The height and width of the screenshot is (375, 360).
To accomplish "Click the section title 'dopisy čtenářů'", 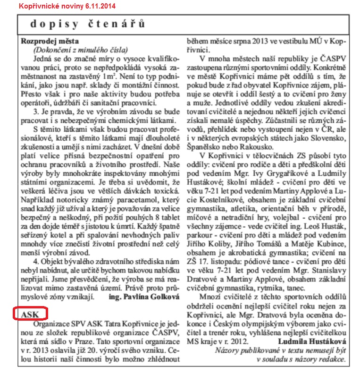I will pyautogui.click(x=88, y=24).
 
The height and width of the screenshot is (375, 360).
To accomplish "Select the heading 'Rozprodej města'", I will pyautogui.click(x=50, y=41).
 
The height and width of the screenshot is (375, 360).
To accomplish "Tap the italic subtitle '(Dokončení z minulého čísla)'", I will pyautogui.click(x=80, y=50).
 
